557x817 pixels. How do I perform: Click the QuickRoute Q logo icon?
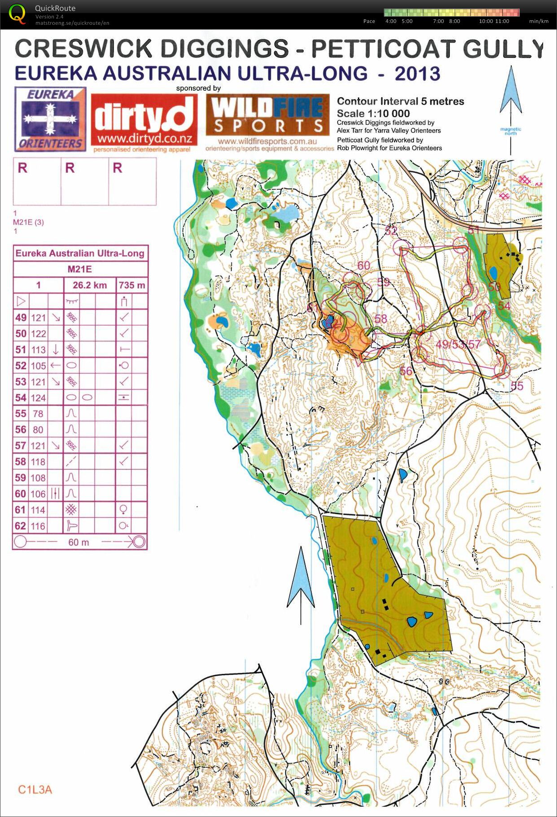(17, 13)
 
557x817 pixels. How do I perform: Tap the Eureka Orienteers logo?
(50, 119)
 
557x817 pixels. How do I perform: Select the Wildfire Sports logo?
(268, 119)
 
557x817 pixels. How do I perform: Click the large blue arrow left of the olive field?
(300, 583)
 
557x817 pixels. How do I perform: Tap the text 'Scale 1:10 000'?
(373, 114)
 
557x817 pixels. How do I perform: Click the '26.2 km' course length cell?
(90, 285)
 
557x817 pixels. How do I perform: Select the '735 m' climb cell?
(132, 285)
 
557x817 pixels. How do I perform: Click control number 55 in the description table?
(21, 413)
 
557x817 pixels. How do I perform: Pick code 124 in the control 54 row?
(38, 398)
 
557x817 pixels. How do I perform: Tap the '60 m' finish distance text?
(78, 542)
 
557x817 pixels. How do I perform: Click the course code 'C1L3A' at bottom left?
(35, 789)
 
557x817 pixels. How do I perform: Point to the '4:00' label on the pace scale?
(391, 21)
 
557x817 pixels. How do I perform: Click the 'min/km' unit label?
(538, 21)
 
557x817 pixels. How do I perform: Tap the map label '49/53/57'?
(457, 344)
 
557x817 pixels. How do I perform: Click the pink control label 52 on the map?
(391, 231)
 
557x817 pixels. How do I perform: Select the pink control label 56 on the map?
(405, 371)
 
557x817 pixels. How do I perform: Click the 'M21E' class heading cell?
(80, 269)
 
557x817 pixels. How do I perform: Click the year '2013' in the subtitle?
(418, 74)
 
